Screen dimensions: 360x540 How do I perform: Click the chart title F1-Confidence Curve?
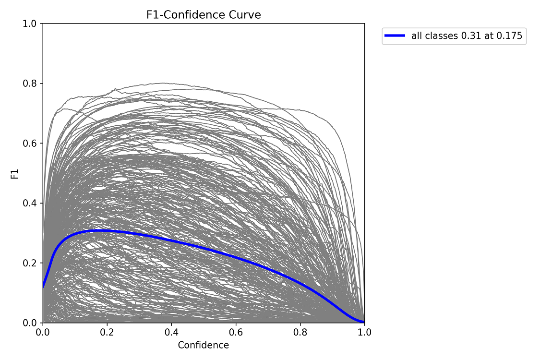click(204, 15)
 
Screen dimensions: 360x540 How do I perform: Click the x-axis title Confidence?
click(204, 345)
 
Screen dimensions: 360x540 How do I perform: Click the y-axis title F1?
click(14, 173)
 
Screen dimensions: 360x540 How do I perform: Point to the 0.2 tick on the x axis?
click(107, 332)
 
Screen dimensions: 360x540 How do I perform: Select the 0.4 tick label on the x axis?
click(171, 332)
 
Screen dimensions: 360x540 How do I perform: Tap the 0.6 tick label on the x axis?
click(236, 332)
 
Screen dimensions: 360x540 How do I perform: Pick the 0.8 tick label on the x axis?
click(300, 332)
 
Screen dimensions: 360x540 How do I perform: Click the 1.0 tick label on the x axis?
click(364, 332)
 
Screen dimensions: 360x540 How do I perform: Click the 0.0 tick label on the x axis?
click(43, 332)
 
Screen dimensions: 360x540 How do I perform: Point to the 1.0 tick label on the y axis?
click(30, 24)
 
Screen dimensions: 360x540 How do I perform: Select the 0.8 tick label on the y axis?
click(30, 84)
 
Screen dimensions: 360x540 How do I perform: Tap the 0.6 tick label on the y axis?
click(30, 144)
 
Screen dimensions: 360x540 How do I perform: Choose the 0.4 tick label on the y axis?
click(30, 203)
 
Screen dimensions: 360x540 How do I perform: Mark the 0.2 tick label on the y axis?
click(30, 263)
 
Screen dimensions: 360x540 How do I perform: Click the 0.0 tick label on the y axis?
click(30, 323)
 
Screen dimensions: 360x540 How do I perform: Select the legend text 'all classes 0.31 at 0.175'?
click(467, 36)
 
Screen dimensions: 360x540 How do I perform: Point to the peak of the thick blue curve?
click(99, 230)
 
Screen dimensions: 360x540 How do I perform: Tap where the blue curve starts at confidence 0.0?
click(43, 287)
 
